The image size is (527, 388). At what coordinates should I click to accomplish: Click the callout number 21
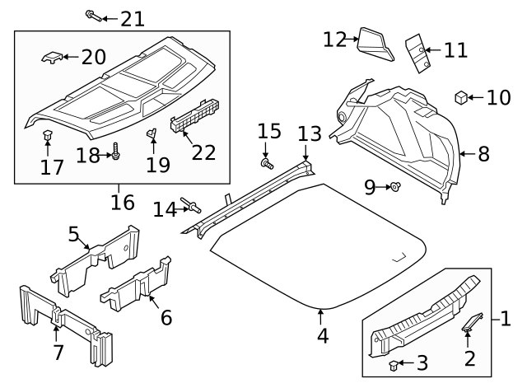coord(132,17)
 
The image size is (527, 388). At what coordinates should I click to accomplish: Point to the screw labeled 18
coord(115,153)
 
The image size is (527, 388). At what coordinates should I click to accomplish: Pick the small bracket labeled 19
coord(152,133)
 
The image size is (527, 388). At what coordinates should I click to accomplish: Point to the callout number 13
coord(308,133)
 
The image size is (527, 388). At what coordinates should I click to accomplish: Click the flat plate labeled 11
coord(417,51)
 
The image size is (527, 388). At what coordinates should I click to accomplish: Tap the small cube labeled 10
coord(461,98)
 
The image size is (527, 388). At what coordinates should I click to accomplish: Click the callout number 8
coord(483,153)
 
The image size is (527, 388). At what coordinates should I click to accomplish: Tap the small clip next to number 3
coord(393,363)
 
